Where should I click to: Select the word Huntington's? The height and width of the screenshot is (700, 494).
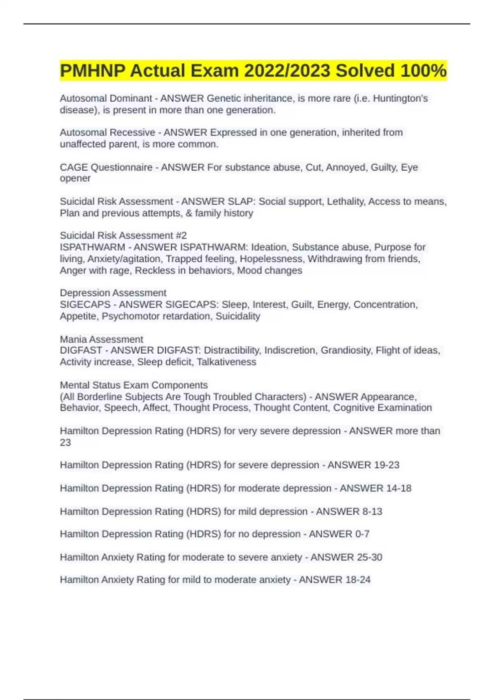(x=400, y=99)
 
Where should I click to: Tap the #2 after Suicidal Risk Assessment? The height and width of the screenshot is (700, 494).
(x=181, y=236)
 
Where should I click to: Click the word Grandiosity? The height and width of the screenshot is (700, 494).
(x=347, y=350)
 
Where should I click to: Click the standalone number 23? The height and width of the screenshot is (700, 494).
(x=65, y=443)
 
